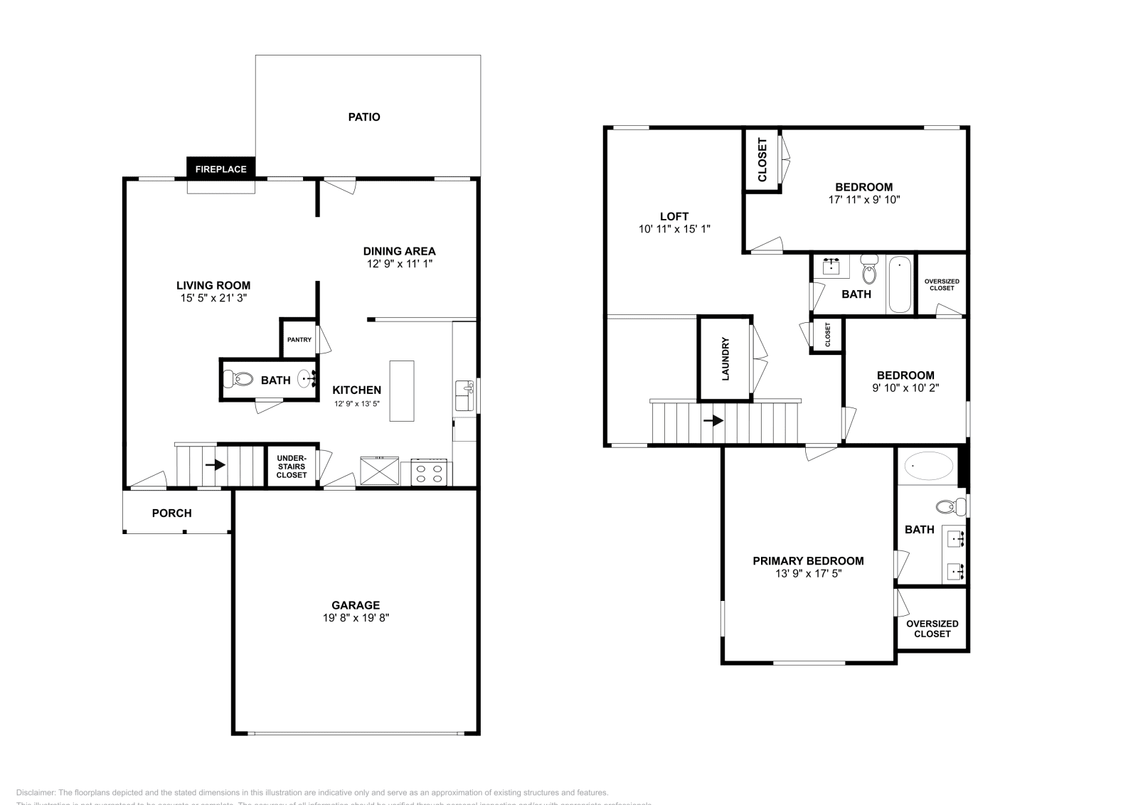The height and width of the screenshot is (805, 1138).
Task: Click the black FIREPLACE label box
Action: click(220, 169)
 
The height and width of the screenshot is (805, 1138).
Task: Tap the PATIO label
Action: click(363, 117)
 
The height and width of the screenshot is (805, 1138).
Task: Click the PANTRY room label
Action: click(299, 340)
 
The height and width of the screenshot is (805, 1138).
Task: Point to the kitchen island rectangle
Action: click(401, 390)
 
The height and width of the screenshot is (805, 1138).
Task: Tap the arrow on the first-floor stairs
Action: click(216, 465)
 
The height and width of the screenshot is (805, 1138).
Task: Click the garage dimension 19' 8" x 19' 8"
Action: click(356, 618)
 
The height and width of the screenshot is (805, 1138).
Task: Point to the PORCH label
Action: click(171, 513)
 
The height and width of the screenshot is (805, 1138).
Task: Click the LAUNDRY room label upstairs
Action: click(725, 358)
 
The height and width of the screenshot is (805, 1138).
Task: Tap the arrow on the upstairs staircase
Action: click(713, 421)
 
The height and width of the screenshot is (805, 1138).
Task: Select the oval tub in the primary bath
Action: click(929, 467)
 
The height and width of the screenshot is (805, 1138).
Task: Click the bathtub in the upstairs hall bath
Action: click(900, 284)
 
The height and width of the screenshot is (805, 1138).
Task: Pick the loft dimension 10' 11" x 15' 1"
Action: click(674, 229)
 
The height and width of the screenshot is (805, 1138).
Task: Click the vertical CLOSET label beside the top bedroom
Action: click(762, 160)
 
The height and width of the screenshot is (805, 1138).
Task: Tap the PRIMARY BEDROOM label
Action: click(808, 561)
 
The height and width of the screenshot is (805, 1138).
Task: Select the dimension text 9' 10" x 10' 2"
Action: click(905, 388)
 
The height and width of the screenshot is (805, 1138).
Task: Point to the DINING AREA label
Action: click(399, 251)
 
